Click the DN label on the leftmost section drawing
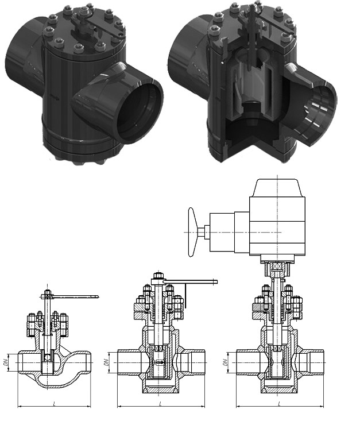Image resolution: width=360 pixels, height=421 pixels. [x=5, y=363]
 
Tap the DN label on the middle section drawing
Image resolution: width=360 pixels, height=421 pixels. [x=107, y=362]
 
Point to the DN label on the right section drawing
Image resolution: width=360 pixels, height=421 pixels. [x=226, y=362]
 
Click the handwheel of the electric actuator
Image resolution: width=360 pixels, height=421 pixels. [x=192, y=232]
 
